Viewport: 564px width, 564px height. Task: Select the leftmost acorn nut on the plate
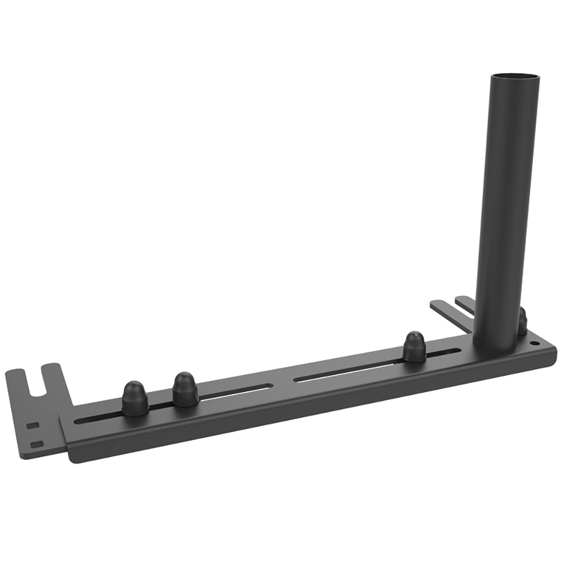[135, 399]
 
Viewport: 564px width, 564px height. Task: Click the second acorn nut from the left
[185, 389]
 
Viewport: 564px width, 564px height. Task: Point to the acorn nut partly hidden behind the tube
[522, 322]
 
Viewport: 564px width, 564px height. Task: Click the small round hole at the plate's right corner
[534, 343]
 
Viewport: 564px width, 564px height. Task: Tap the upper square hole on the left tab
[33, 425]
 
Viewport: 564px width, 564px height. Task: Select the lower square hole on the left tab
[37, 444]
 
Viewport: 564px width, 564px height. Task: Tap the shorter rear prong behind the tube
[465, 303]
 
